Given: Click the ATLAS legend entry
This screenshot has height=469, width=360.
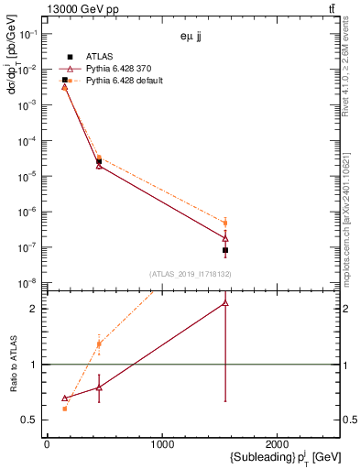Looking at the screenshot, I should pyautogui.click(x=98, y=56).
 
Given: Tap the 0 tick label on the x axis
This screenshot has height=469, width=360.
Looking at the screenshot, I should pyautogui.click(x=47, y=444).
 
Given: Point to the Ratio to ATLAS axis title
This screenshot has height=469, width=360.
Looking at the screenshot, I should pyautogui.click(x=15, y=365).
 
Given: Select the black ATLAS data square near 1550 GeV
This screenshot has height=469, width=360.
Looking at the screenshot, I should pyautogui.click(x=225, y=250).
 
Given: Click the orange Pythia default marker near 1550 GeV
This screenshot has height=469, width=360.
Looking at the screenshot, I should pyautogui.click(x=225, y=223).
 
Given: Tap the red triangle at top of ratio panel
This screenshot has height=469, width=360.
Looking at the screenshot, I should pyautogui.click(x=225, y=302).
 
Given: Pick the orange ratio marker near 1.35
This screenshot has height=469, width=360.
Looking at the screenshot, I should pyautogui.click(x=99, y=344).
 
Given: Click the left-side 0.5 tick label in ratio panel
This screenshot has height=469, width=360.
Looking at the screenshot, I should pyautogui.click(x=29, y=420).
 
